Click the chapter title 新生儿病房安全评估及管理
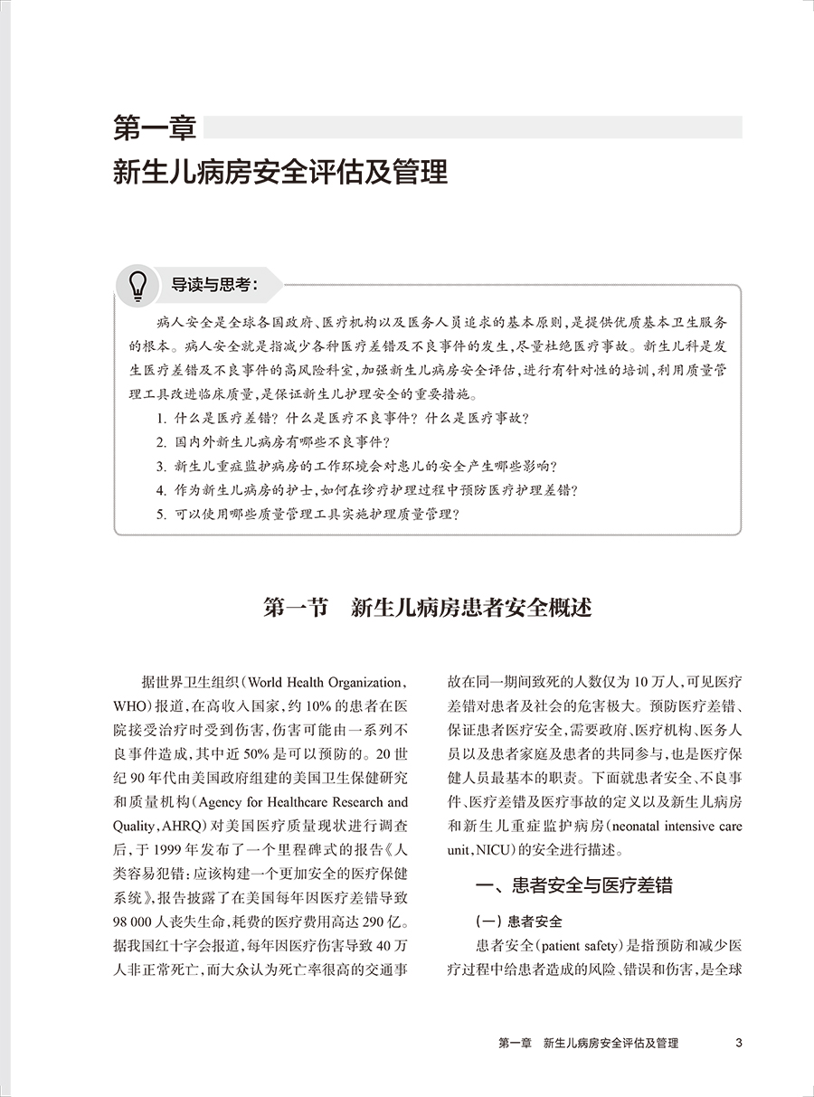(280, 172)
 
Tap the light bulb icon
(137, 286)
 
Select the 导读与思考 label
(214, 286)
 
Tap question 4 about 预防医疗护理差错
(366, 491)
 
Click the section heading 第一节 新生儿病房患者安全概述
(427, 607)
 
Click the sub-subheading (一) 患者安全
(519, 922)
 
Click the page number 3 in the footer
(739, 1043)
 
